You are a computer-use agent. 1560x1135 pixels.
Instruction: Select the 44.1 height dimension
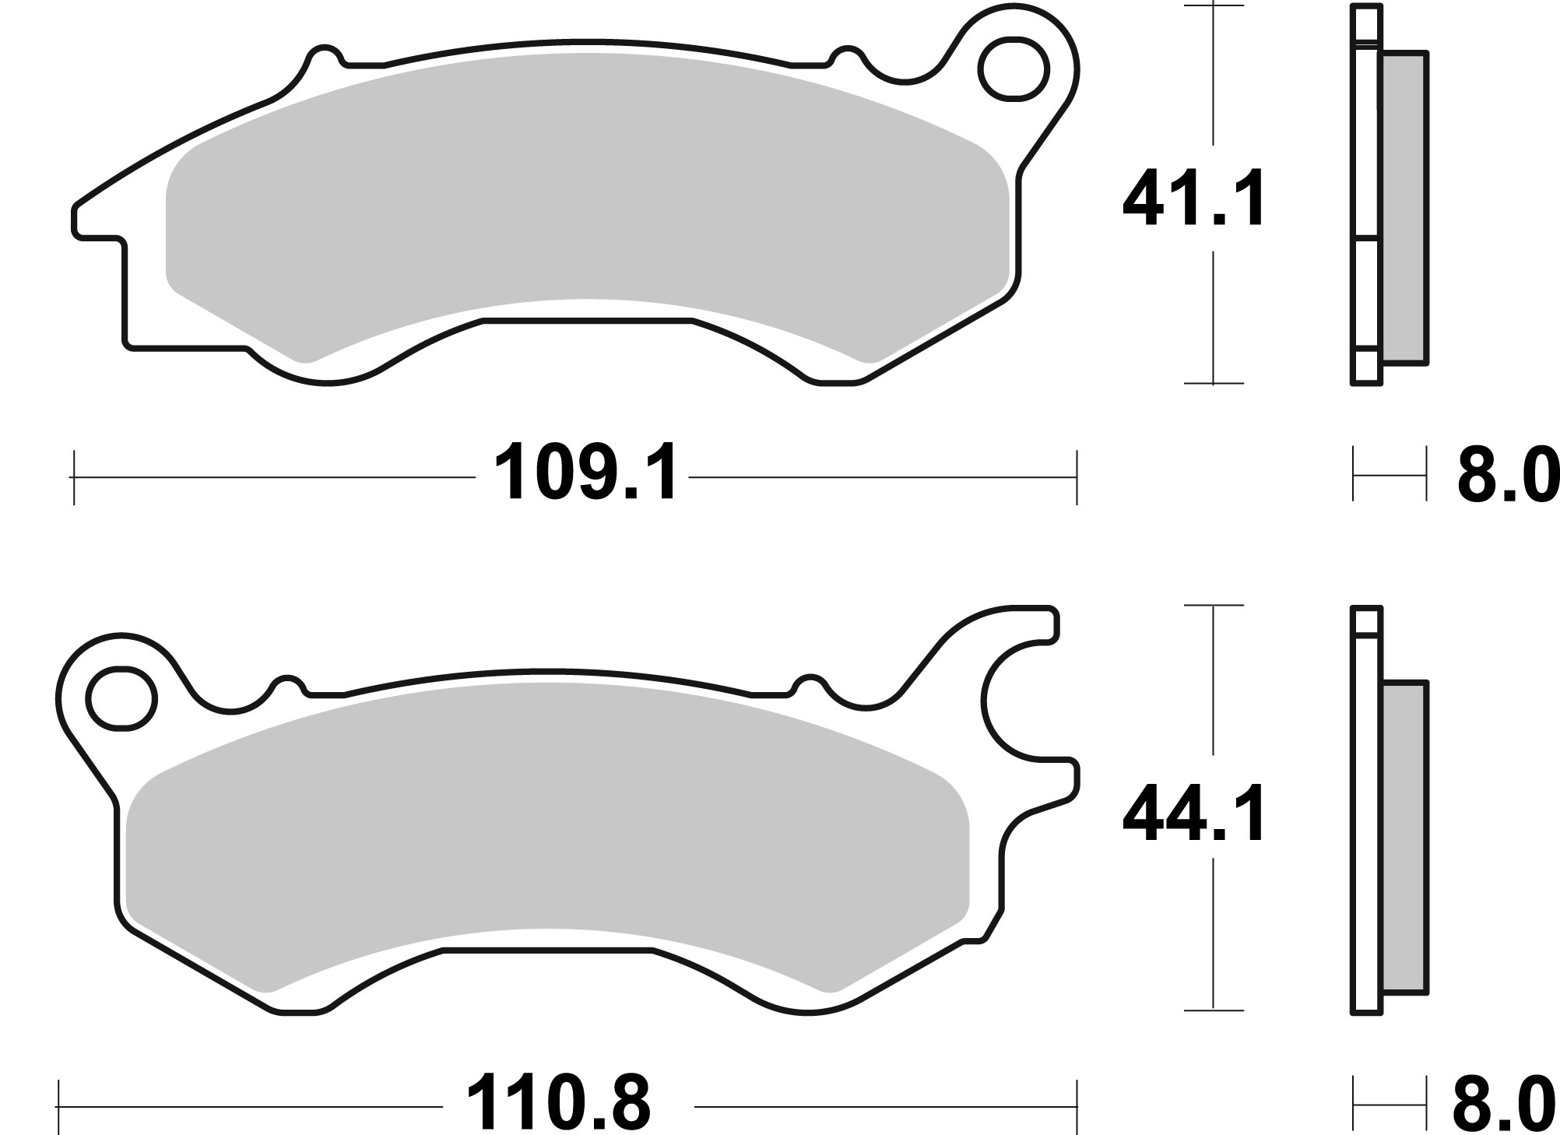tap(1193, 814)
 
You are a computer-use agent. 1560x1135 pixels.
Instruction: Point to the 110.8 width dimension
tap(557, 1104)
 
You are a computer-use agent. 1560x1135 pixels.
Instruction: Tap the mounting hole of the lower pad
tap(120, 698)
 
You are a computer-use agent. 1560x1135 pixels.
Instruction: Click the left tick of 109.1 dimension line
tap(74, 476)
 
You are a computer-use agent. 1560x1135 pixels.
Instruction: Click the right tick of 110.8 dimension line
tap(1077, 1105)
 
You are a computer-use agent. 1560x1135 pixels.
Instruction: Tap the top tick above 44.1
tap(1213, 605)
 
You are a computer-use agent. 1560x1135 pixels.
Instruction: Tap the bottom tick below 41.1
tap(1213, 383)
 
